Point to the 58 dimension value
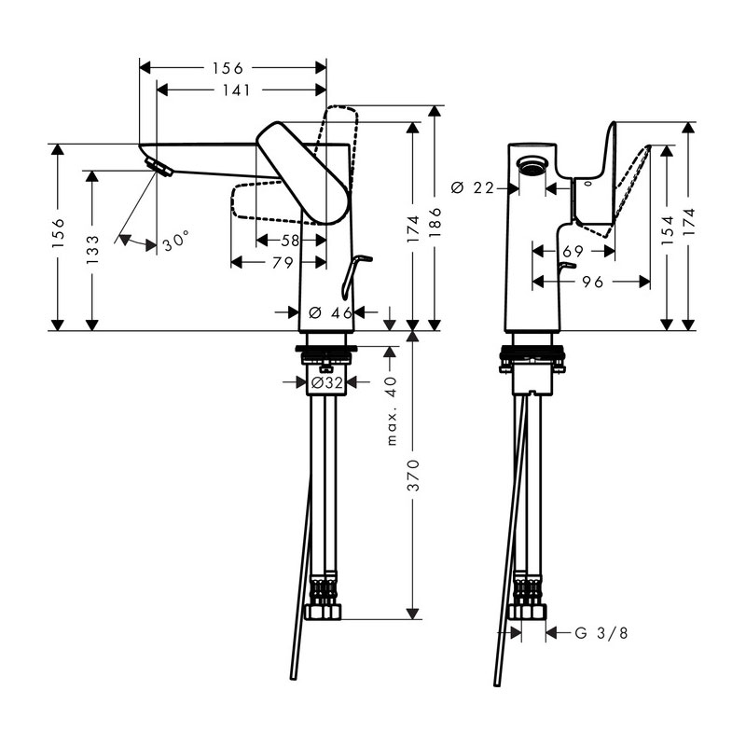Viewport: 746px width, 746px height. [291, 241]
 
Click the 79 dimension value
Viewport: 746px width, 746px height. [282, 263]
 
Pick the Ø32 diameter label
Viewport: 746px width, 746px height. [324, 382]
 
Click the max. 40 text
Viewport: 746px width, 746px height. [393, 410]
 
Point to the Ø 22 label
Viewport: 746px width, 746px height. [471, 187]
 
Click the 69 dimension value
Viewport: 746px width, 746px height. [573, 251]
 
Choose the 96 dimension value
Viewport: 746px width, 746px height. [590, 281]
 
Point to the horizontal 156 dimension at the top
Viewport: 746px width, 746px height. [228, 67]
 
